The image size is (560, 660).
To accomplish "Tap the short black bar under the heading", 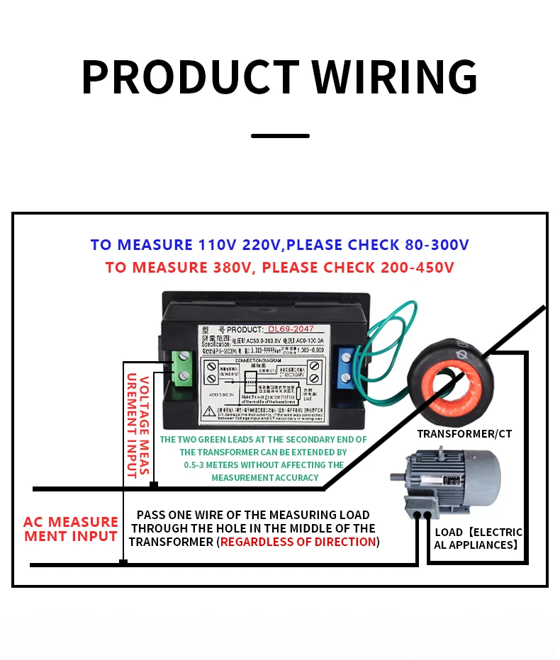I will [280, 135].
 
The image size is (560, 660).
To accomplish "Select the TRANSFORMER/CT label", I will [464, 433].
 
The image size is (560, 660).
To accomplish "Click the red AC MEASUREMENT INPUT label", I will [70, 529].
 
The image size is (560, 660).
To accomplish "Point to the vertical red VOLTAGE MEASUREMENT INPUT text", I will [137, 425].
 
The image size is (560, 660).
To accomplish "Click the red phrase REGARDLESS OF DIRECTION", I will [298, 542].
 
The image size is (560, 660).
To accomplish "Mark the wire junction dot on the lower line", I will [123, 562].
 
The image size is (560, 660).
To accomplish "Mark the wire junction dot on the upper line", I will [153, 485].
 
